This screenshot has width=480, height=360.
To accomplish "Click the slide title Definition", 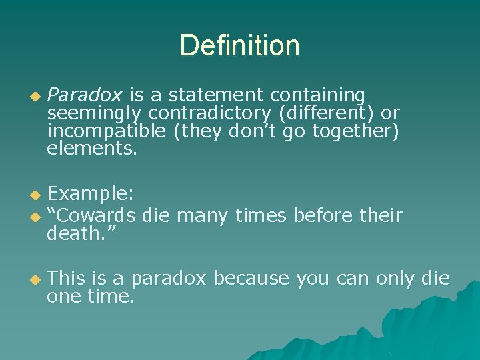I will (239, 46).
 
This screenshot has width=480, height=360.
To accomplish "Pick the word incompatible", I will (107, 131).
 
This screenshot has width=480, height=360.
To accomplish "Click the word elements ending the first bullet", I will (91, 149).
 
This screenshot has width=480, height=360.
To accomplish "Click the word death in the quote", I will (75, 233).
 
